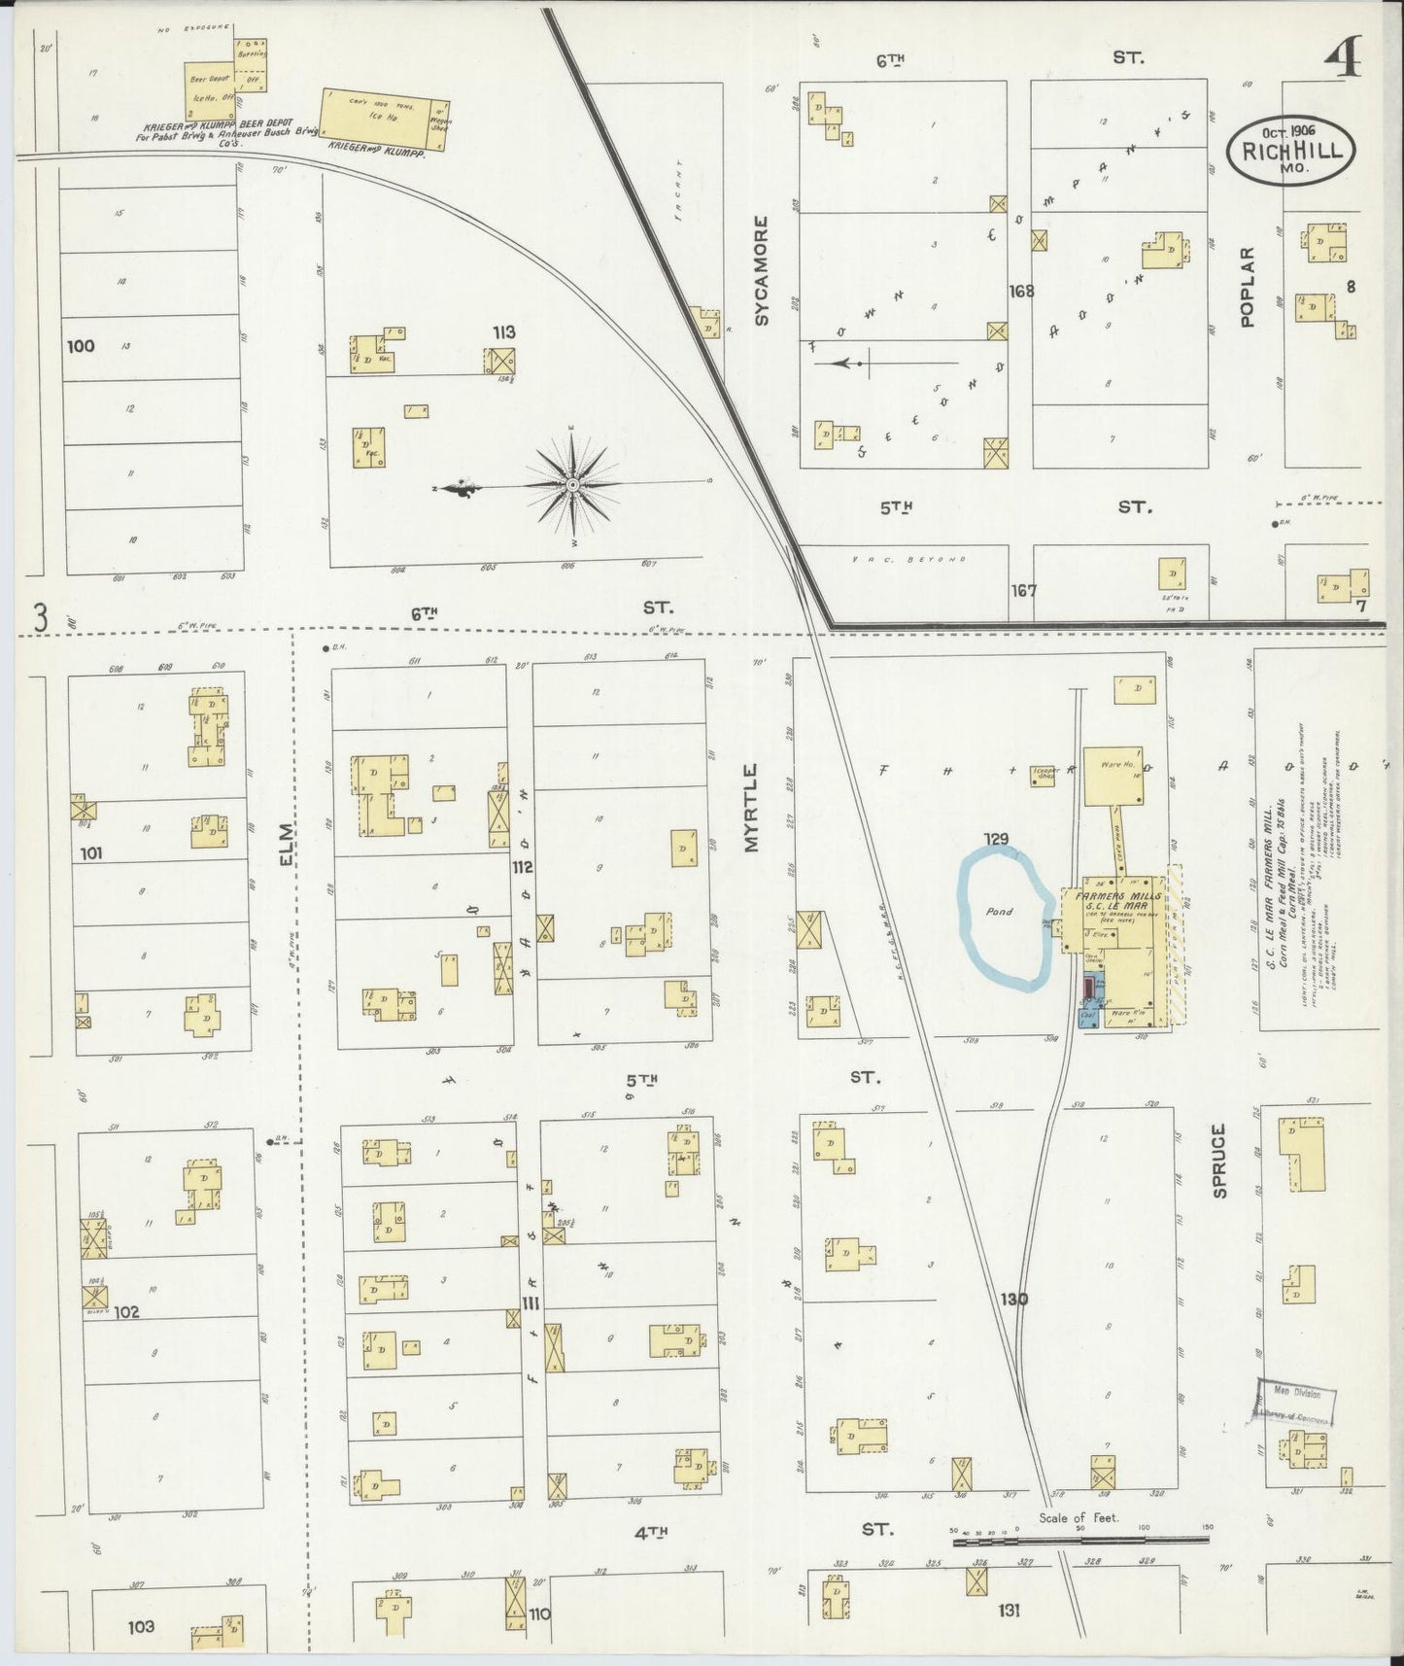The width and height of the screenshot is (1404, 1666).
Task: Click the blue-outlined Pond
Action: (1004, 918)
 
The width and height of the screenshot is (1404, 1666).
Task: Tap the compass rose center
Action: (573, 484)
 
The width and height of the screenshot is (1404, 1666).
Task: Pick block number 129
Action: (995, 839)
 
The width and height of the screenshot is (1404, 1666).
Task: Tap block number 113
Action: (503, 332)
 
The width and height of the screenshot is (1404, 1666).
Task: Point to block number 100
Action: (81, 345)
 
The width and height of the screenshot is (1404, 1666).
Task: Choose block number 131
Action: (1008, 1611)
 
